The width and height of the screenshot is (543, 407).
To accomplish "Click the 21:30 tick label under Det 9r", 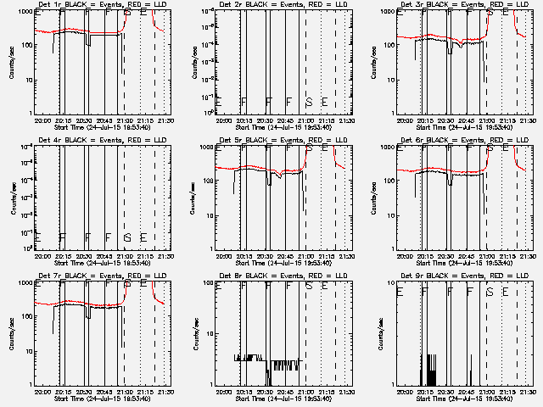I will pos(525,393).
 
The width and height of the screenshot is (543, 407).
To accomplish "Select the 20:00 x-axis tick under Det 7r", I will pos(41,393).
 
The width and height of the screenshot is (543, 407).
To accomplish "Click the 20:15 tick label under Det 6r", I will pos(424,257).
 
